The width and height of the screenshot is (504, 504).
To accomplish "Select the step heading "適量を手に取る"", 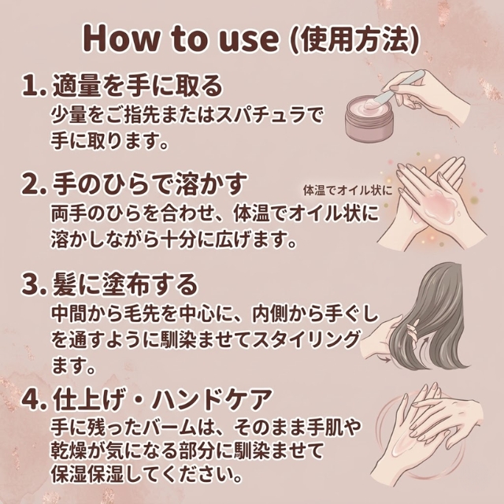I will coord(135,85).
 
